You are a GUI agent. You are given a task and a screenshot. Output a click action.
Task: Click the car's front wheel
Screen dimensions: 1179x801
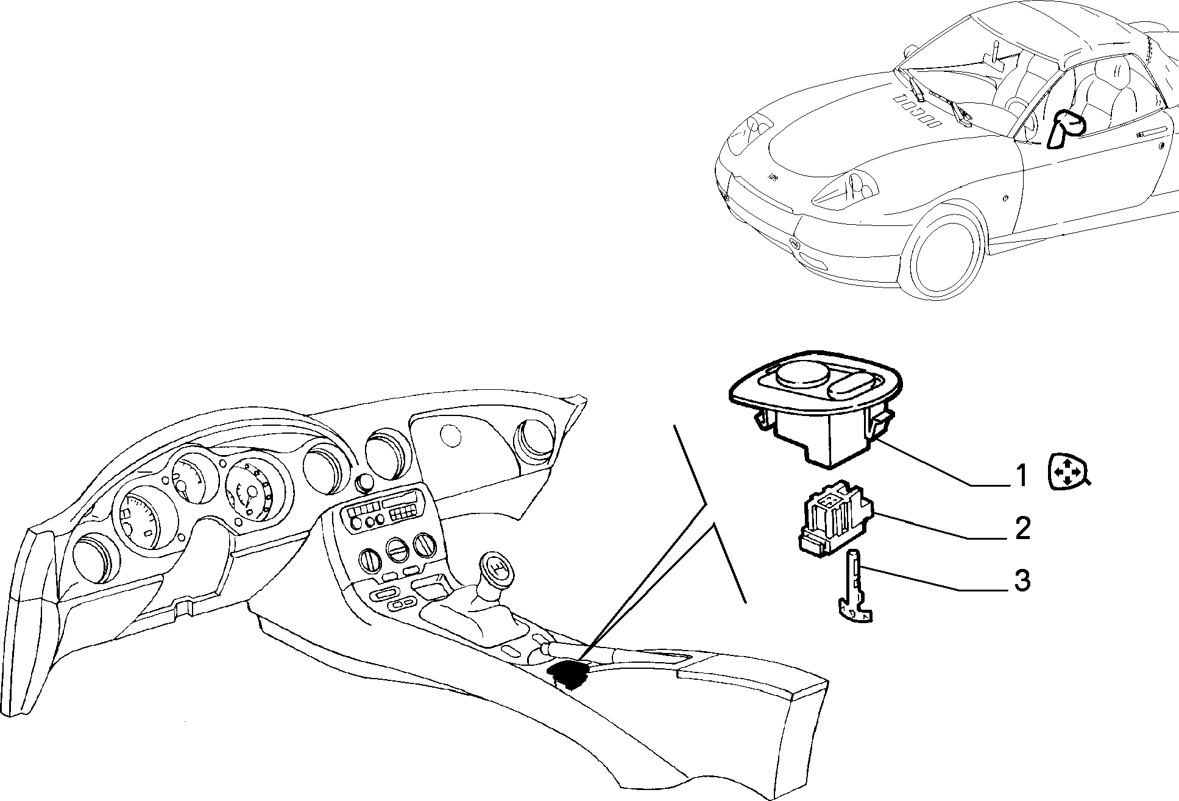(948, 250)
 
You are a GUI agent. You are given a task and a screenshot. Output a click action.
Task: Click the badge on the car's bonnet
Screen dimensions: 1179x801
(772, 176)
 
